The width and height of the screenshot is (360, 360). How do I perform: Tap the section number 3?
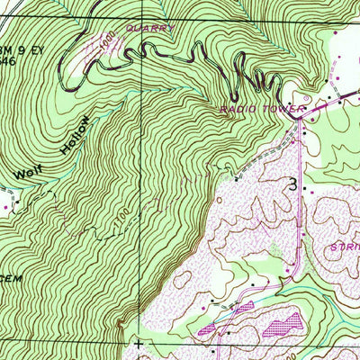coord(292,184)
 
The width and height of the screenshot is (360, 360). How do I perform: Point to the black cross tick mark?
coord(138,343)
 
